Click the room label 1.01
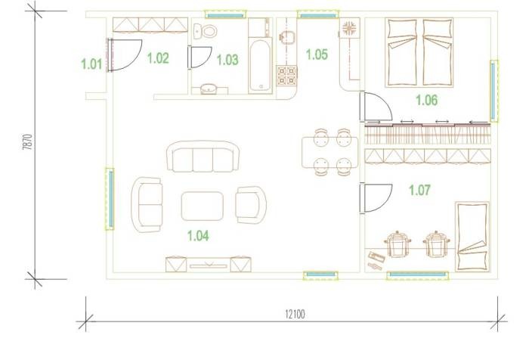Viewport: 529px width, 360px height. click(x=91, y=64)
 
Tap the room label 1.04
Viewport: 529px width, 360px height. click(x=198, y=236)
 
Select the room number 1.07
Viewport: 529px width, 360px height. click(x=419, y=190)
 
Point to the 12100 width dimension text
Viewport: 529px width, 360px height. click(x=295, y=315)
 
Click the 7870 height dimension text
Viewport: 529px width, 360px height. click(x=28, y=142)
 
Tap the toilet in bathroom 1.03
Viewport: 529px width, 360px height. click(x=205, y=32)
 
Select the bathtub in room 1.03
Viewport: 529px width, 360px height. click(x=260, y=66)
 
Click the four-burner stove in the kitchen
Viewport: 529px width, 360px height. click(x=286, y=76)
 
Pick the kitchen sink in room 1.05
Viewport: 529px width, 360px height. click(x=287, y=37)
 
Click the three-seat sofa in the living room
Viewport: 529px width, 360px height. click(x=203, y=157)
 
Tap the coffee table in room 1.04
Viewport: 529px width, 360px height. click(x=202, y=206)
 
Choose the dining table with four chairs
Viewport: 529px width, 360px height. click(x=330, y=152)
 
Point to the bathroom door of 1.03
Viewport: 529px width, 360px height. click(x=200, y=57)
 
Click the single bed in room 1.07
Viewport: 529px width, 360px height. click(x=472, y=237)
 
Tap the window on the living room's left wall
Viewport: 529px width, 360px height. click(x=110, y=199)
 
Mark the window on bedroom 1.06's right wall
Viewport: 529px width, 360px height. click(x=493, y=91)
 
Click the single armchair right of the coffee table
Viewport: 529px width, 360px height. click(x=251, y=205)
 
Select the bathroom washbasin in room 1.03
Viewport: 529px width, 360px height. click(x=209, y=88)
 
